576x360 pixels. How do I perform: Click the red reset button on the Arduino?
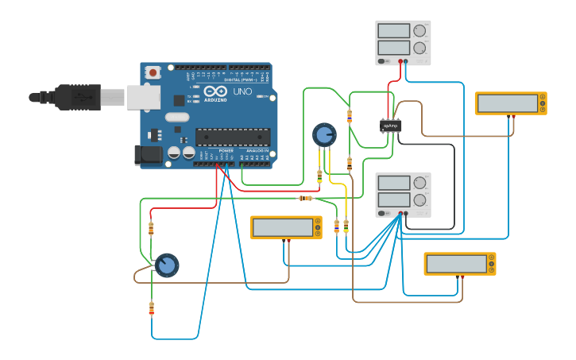(x=153, y=72)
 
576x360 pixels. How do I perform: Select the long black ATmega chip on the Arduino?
(x=232, y=137)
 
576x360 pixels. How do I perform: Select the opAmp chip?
(x=390, y=126)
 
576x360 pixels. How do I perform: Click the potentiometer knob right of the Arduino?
(x=324, y=134)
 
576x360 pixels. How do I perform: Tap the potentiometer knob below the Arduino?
(x=166, y=265)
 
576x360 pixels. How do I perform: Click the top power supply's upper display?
(x=393, y=31)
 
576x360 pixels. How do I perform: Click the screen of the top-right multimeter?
(x=507, y=103)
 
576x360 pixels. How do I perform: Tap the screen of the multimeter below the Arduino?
(x=282, y=228)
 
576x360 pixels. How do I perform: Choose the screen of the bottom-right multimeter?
(x=456, y=264)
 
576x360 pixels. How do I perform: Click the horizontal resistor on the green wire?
(x=305, y=198)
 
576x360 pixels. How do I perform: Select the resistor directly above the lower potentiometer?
(x=151, y=229)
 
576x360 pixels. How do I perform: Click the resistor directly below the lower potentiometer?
(x=151, y=308)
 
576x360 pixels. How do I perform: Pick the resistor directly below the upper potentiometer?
(x=319, y=175)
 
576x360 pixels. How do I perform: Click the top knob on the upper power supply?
(x=419, y=31)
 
